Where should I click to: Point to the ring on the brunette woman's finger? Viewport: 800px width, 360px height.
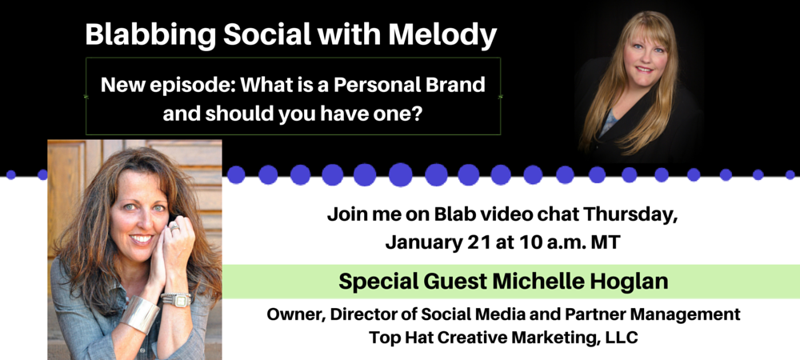174,226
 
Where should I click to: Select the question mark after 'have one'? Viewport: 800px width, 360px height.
415,114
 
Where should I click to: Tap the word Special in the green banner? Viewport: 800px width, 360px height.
373,282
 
